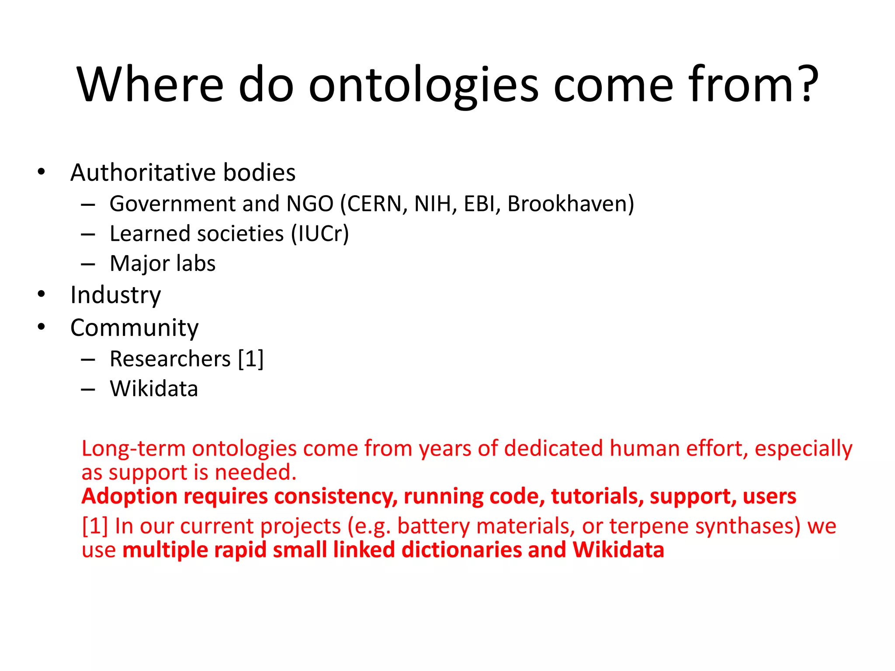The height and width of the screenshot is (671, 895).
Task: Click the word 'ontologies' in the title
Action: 423,85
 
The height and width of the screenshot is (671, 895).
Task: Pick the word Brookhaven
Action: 567,204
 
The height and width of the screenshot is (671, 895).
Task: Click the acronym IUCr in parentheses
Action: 320,233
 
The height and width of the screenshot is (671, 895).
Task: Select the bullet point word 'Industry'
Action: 115,295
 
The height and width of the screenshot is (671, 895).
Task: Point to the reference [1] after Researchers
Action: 251,359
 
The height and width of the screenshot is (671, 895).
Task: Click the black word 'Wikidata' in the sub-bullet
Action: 154,388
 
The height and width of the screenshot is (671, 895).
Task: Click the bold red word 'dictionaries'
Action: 461,550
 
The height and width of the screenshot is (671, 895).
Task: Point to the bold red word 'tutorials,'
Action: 597,496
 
